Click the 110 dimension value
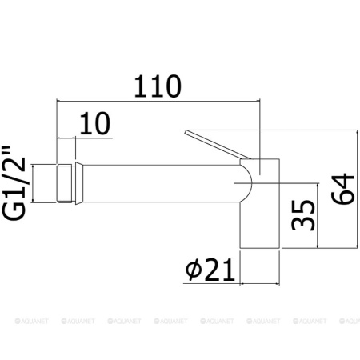point(158,86)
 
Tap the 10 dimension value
point(95,123)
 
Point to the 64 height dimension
point(342,189)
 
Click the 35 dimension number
point(303,215)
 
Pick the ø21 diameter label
point(210,270)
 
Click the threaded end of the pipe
point(65,184)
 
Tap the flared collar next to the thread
point(79,183)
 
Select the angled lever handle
point(218,145)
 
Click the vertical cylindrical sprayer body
point(260,203)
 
